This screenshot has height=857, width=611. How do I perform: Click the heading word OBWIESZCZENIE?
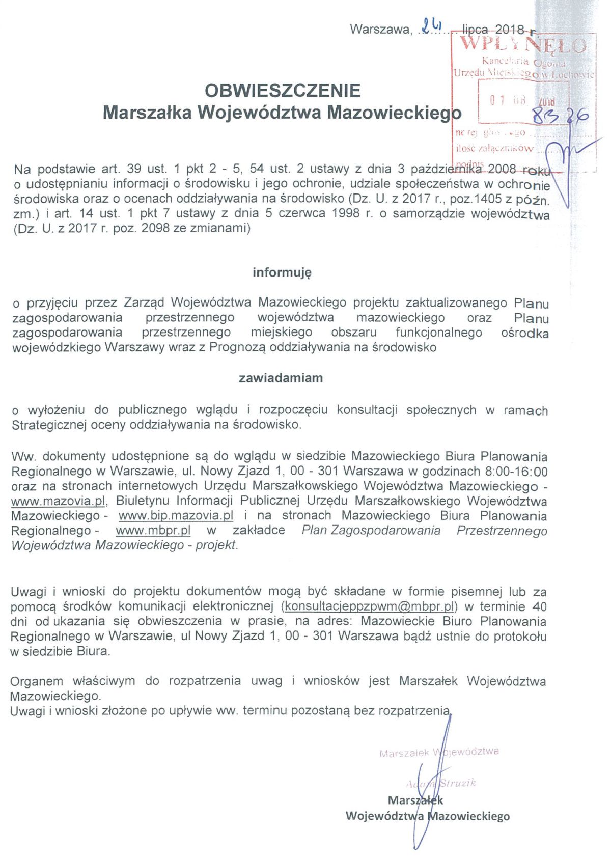point(282,91)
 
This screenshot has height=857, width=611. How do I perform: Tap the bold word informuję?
point(282,272)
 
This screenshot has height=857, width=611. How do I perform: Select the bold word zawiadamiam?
point(281,378)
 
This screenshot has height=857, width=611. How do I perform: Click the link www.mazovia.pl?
point(58,501)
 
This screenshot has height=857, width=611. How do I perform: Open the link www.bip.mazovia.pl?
point(176,516)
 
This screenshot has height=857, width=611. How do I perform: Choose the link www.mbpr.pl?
point(153,531)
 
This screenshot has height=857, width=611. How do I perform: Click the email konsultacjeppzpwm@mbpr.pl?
point(369,606)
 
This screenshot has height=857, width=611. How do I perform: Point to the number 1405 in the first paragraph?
point(488,199)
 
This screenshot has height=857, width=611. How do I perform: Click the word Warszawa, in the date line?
point(380,30)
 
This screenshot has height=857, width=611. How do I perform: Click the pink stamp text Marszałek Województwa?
point(439,752)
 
